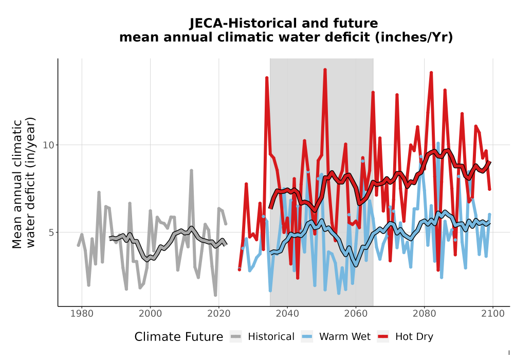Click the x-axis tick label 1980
[x=82, y=313]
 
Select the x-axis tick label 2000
[x=150, y=313]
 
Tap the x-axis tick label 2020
[x=218, y=313]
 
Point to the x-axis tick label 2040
[x=287, y=313]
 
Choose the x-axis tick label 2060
[x=356, y=313]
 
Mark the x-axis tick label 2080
[x=424, y=313]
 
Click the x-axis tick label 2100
[x=493, y=313]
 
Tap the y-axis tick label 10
[x=48, y=145]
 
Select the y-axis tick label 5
[x=51, y=232]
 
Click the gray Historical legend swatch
[x=236, y=336]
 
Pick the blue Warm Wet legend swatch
[x=307, y=336]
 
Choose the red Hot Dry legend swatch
[x=383, y=336]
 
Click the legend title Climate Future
[x=179, y=337]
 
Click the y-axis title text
[x=24, y=183]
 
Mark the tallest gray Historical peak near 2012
[x=191, y=171]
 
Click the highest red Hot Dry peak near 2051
[x=325, y=69]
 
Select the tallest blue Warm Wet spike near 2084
[x=438, y=143]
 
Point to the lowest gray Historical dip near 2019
[x=215, y=295]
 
